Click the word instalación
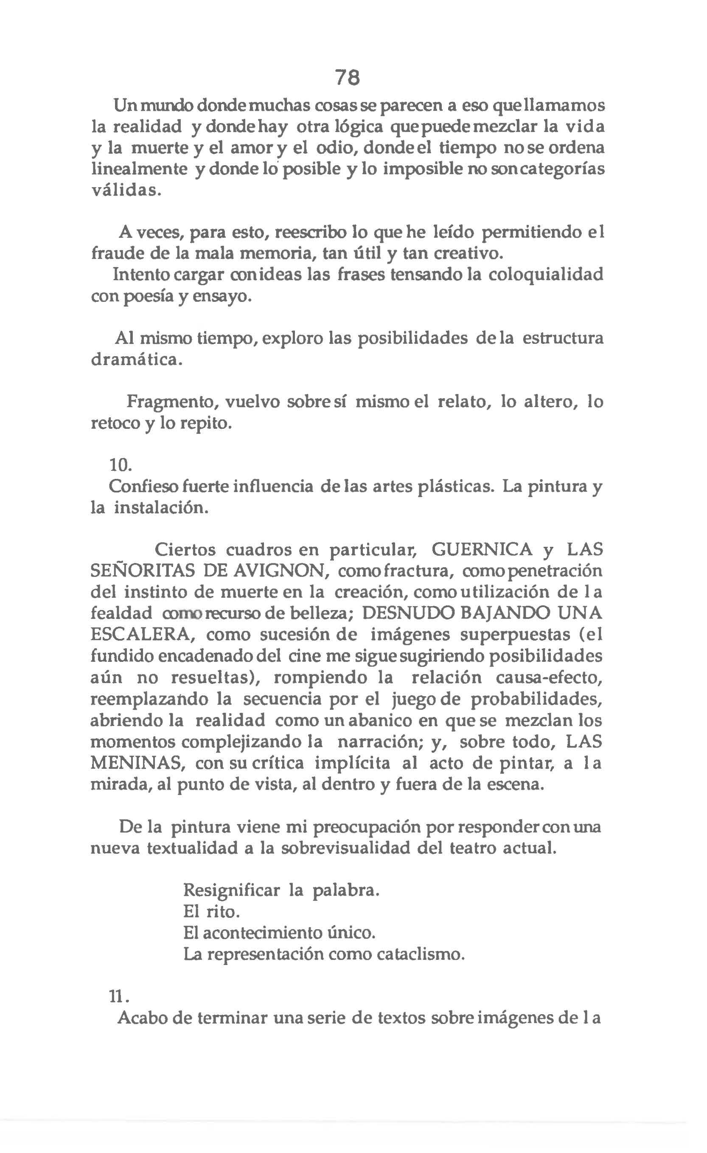pos(160,508)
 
